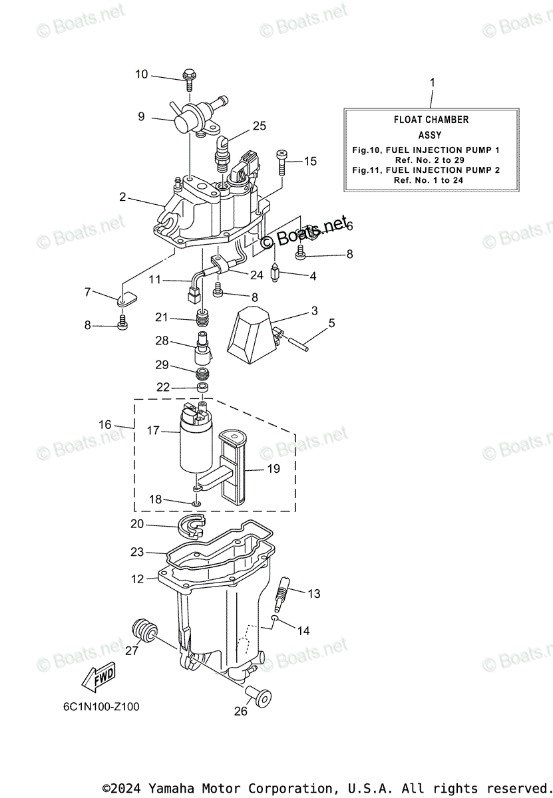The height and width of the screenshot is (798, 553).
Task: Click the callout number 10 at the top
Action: [142, 74]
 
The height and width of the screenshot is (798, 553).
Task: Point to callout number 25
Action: [259, 126]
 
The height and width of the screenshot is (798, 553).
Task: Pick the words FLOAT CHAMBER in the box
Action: [431, 120]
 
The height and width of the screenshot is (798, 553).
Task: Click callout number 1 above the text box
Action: [432, 82]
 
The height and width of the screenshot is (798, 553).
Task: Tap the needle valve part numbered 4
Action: [275, 273]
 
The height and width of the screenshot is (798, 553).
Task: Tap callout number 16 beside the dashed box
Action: [105, 424]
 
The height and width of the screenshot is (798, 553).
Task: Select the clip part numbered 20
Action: [194, 525]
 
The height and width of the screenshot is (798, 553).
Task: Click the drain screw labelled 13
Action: [281, 591]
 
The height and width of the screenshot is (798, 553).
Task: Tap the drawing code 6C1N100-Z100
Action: [97, 707]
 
